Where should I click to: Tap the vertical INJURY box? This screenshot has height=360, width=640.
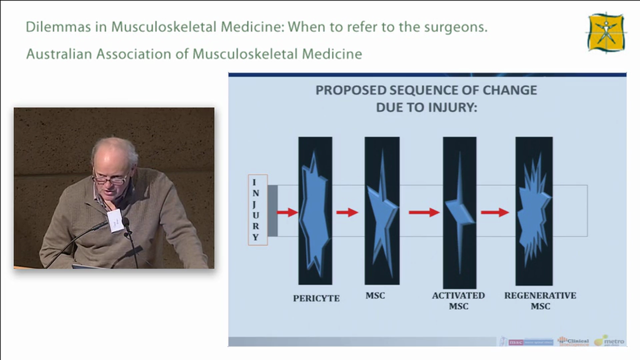pos(258,210)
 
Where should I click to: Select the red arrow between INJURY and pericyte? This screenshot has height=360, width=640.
pos(287,212)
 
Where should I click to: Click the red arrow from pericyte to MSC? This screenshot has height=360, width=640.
pos(347,212)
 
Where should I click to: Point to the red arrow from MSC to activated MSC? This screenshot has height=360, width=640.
pos(424,212)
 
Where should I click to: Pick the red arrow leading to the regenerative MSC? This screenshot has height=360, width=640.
pos(495,212)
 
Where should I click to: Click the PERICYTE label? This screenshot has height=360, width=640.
pos(316,298)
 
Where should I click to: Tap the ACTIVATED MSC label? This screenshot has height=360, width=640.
pos(458,300)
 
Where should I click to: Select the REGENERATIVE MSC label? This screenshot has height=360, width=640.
pos(540,300)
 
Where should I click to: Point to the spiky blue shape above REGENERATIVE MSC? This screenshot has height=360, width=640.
pos(533,210)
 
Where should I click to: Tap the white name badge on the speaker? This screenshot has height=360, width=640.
pos(114,220)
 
